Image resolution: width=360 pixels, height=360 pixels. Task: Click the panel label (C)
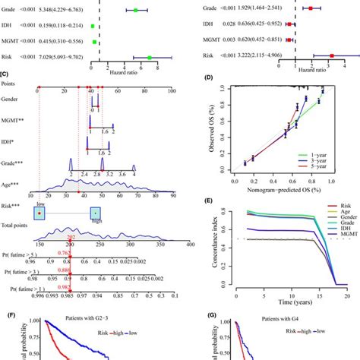coord(5,74)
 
